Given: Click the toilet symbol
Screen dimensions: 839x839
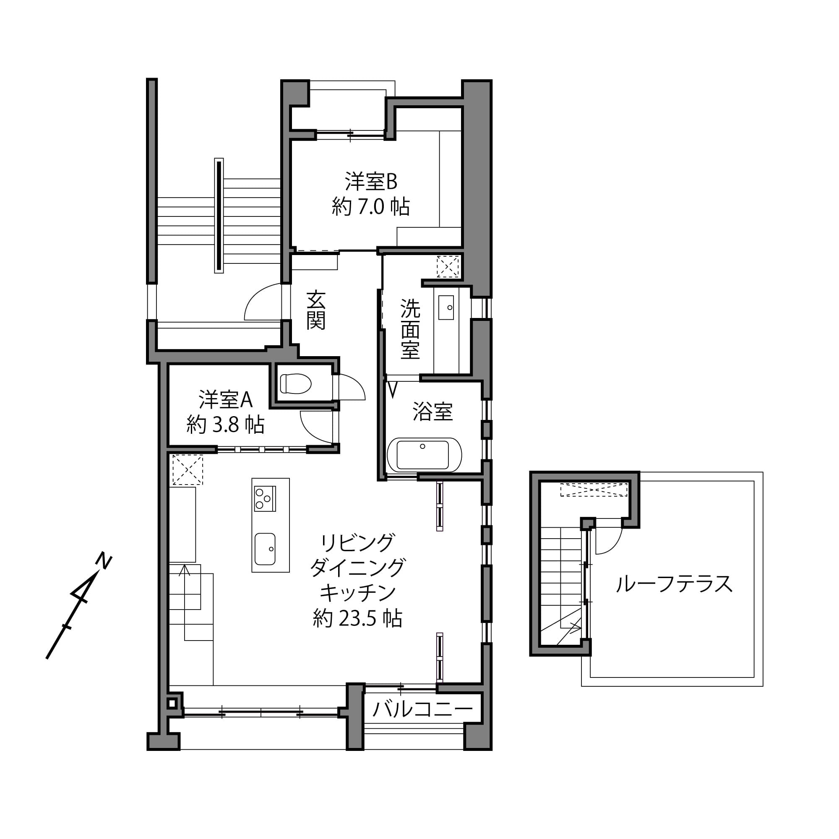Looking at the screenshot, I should pyautogui.click(x=296, y=383).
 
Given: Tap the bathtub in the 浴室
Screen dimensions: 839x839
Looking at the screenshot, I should pyautogui.click(x=424, y=455).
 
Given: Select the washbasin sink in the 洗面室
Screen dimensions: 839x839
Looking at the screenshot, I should pyautogui.click(x=446, y=307).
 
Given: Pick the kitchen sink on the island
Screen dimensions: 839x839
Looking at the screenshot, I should pyautogui.click(x=265, y=549).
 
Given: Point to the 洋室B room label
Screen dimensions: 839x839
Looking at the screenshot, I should pyautogui.click(x=371, y=182).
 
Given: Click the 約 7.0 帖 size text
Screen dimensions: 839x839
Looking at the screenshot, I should pyautogui.click(x=371, y=207).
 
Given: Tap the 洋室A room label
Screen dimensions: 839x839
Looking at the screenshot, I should pyautogui.click(x=225, y=399).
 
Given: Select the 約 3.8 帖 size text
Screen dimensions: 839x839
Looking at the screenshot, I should pyautogui.click(x=225, y=425).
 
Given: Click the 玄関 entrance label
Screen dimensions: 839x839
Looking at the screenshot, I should pyautogui.click(x=316, y=310).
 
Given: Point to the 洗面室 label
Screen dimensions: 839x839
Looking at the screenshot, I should pyautogui.click(x=410, y=329).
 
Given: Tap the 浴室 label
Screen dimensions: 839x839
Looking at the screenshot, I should pyautogui.click(x=433, y=412).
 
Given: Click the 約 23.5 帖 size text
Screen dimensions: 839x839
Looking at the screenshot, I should pyautogui.click(x=357, y=618).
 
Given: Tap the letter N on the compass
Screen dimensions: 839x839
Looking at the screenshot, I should pyautogui.click(x=104, y=560).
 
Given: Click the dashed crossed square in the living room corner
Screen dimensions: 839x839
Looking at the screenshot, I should pyautogui.click(x=188, y=469).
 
